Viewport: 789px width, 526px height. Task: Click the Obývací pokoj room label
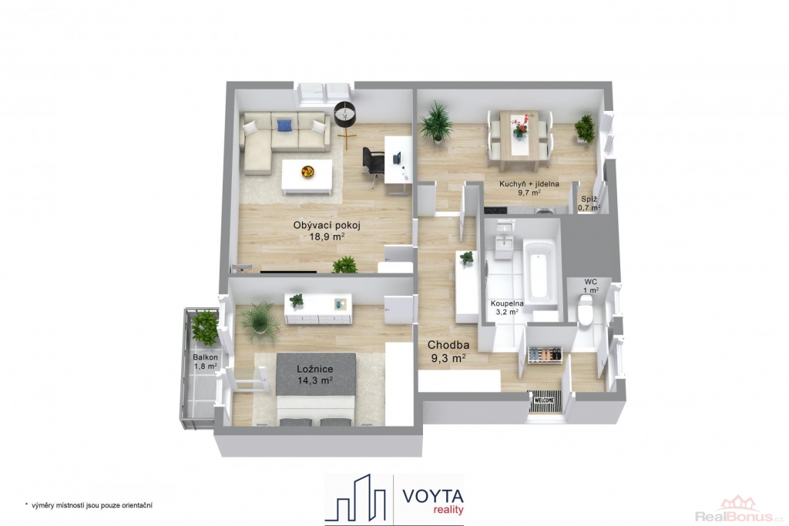(327, 230)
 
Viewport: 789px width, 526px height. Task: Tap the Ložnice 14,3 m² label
(314, 374)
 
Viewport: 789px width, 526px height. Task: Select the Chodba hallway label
(448, 351)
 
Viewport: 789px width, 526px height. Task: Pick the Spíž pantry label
(589, 203)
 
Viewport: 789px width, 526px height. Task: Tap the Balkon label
(205, 361)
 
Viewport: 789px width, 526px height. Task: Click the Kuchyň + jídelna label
(529, 188)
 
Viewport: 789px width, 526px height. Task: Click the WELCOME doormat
(544, 400)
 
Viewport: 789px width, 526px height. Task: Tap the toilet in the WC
(586, 311)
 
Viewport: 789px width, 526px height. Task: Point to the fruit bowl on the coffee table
(307, 172)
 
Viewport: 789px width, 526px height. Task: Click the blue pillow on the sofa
(284, 126)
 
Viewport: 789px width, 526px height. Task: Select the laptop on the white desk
(397, 158)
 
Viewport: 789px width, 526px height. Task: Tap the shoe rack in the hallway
(545, 354)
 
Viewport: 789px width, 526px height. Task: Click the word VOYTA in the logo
(432, 496)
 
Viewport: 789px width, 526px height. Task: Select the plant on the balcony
(205, 327)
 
